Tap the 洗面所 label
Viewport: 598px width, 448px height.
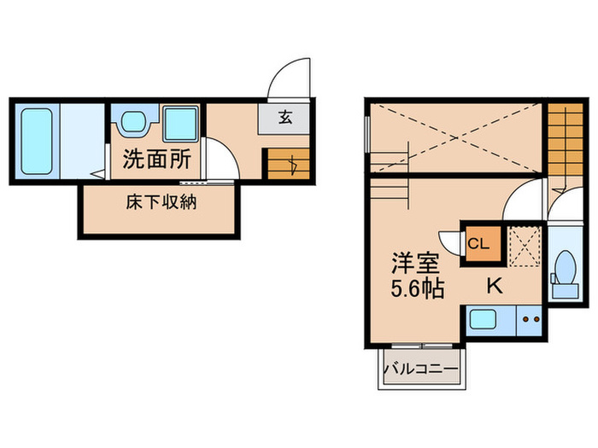click(155, 160)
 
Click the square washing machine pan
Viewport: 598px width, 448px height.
click(180, 124)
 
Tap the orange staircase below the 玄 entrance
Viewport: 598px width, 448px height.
click(287, 162)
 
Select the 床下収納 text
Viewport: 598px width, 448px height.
click(161, 205)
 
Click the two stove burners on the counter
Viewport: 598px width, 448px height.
click(531, 322)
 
